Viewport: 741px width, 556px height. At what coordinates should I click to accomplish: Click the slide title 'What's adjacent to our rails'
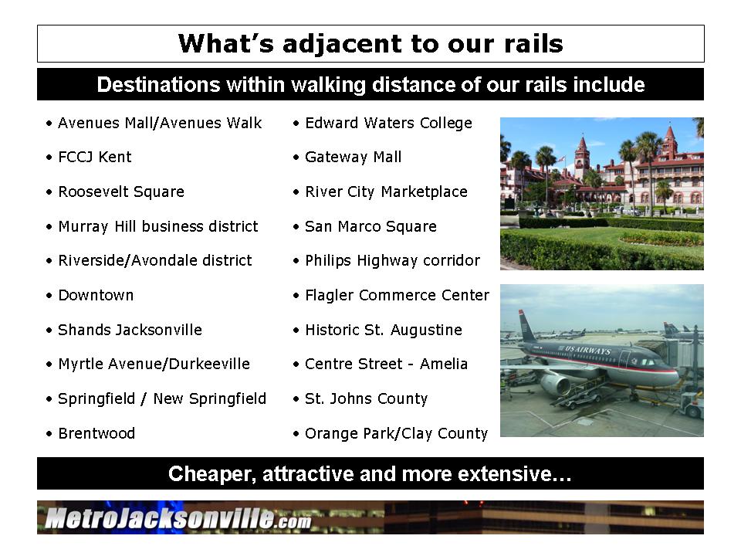pos(370,43)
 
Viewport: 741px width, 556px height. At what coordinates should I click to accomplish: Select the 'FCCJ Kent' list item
pos(94,157)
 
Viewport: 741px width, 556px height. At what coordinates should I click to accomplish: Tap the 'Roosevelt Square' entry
pos(121,192)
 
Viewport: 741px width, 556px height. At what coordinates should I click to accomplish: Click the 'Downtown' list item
pos(96,295)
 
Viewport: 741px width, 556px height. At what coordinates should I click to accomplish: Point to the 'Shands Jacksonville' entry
pos(130,330)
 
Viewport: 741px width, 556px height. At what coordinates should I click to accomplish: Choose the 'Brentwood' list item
pos(96,433)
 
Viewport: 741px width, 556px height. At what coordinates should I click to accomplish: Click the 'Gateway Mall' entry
pos(353,157)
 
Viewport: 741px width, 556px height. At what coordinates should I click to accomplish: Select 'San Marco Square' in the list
pos(370,226)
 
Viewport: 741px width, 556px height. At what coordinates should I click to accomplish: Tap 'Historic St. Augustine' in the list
pos(384,330)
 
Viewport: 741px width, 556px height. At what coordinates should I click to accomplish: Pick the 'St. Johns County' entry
pos(366,398)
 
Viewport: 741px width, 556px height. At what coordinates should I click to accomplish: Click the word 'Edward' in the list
pos(332,123)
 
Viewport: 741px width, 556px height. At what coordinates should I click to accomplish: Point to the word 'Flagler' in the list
pos(330,295)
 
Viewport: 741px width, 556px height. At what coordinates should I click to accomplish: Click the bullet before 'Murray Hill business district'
pos(49,227)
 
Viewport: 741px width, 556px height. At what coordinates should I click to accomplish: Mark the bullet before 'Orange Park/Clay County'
pos(296,433)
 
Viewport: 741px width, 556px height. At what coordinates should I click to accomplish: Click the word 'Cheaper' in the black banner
pos(211,473)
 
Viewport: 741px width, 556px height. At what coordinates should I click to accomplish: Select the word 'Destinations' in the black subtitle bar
pos(158,85)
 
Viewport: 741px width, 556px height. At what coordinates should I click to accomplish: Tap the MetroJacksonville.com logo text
pos(178,518)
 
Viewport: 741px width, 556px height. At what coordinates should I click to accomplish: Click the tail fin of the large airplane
pos(526,326)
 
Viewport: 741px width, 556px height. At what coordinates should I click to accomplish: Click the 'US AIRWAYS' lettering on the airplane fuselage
pos(587,351)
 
